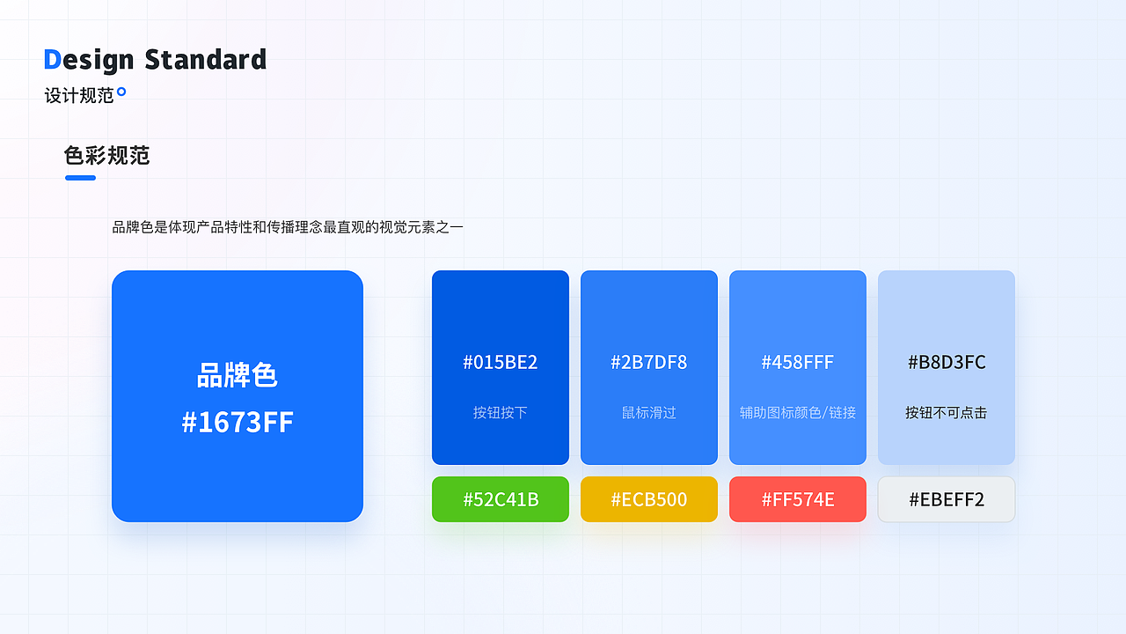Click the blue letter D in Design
point(52,59)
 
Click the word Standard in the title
point(206,59)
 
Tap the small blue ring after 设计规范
point(121,92)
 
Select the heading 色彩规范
point(106,156)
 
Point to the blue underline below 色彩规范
point(80,178)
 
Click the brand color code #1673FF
point(238,422)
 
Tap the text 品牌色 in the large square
point(238,375)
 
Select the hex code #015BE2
point(501,362)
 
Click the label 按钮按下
point(501,413)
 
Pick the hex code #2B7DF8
point(649,362)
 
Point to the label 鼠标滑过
point(649,413)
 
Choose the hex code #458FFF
point(798,362)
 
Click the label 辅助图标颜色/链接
point(798,413)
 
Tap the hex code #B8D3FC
point(947,362)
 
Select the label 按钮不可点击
point(947,413)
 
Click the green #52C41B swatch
point(501,499)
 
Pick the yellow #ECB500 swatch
point(649,499)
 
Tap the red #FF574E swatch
point(798,499)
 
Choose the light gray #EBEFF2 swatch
point(947,499)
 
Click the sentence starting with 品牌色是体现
point(288,227)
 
